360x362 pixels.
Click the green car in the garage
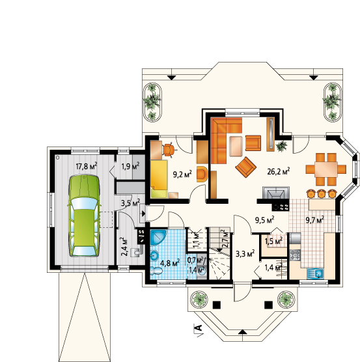(84, 216)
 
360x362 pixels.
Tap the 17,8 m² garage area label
(87, 166)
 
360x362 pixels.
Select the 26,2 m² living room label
(279, 171)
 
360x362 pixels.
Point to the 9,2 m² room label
(182, 174)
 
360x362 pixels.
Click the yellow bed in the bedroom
(159, 179)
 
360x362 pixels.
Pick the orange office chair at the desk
(169, 150)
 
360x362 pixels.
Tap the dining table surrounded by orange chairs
(326, 169)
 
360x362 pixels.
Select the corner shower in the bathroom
(158, 237)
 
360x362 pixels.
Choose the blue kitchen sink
(316, 273)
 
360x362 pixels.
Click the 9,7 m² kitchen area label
(315, 220)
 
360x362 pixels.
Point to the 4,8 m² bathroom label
(170, 263)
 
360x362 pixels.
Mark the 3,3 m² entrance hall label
(245, 254)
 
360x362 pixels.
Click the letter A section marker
(199, 327)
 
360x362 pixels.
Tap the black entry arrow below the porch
(242, 332)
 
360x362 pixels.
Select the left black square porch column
(217, 305)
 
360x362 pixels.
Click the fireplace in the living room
(276, 193)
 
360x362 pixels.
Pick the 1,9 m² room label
(131, 166)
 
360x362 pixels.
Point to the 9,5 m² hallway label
(264, 220)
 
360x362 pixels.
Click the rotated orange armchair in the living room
(246, 167)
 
